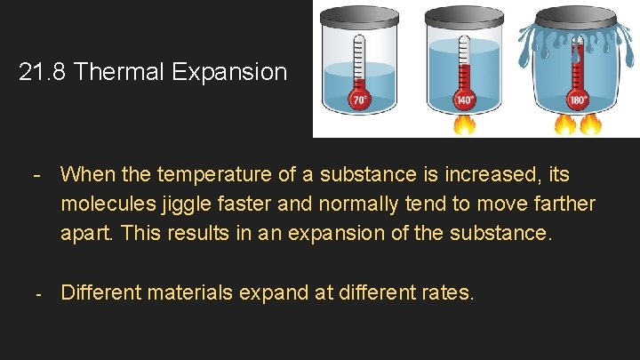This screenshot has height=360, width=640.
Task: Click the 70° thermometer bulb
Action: point(359,100)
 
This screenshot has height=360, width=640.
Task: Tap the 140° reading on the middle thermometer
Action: point(465,100)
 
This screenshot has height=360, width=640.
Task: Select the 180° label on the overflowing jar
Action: point(579,100)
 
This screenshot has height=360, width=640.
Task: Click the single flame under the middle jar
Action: point(465,124)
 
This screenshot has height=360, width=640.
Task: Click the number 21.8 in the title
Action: point(44,72)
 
